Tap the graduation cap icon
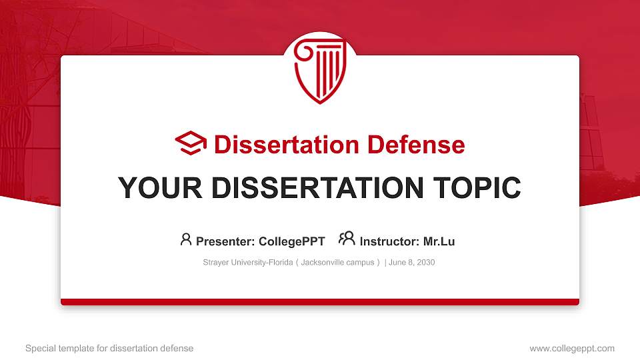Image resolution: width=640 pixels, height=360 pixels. click(x=191, y=143)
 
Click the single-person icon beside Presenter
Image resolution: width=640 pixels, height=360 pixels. click(x=186, y=239)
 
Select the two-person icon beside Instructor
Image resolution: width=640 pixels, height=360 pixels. click(x=347, y=239)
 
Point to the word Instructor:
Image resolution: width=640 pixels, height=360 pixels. click(x=389, y=241)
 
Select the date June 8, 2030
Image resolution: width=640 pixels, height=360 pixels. click(x=411, y=263)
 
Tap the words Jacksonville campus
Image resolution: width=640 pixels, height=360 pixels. click(x=337, y=263)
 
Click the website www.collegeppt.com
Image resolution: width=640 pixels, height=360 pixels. click(x=572, y=348)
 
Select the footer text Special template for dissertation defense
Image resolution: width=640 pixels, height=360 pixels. click(x=109, y=348)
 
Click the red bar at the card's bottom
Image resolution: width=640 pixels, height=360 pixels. click(x=320, y=302)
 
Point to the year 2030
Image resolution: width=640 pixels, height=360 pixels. click(x=425, y=263)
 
